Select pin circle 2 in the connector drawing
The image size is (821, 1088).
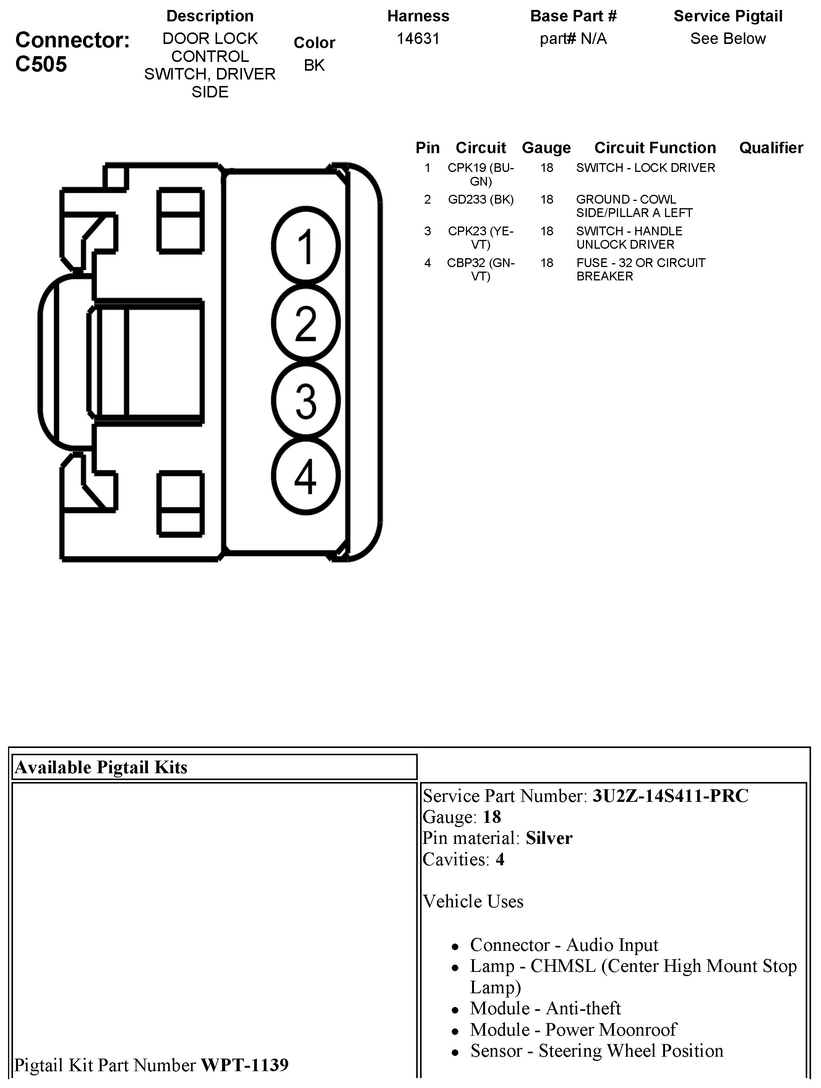click(x=306, y=323)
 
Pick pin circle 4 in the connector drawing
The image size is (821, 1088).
click(x=306, y=477)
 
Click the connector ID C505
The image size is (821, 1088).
click(x=41, y=64)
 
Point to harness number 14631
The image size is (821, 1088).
click(x=418, y=38)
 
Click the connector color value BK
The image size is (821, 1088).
click(x=314, y=65)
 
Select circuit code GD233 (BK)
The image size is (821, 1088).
click(x=480, y=199)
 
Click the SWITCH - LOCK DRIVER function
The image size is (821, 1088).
click(x=645, y=168)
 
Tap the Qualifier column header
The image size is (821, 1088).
click(x=771, y=147)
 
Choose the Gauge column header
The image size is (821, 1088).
click(x=546, y=147)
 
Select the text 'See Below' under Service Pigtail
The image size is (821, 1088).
click(x=727, y=38)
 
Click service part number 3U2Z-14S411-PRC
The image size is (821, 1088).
click(x=670, y=796)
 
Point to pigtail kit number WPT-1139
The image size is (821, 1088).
click(x=245, y=1065)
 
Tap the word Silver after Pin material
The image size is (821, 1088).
click(x=549, y=838)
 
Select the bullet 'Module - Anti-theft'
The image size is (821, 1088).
click(x=545, y=1008)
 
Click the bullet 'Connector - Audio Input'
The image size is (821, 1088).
click(x=563, y=945)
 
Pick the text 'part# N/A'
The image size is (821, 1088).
click(x=573, y=38)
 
